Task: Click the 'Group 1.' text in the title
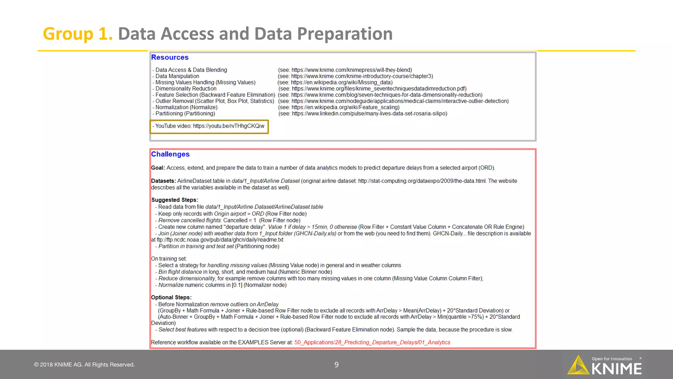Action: point(78,34)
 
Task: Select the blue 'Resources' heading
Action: point(170,57)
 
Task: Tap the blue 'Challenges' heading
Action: point(170,154)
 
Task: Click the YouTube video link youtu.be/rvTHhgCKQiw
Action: point(228,126)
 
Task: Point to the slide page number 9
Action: point(336,365)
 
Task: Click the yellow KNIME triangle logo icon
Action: point(578,365)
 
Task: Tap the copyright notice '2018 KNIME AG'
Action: point(84,365)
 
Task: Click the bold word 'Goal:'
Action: point(158,168)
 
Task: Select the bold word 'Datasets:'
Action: point(163,181)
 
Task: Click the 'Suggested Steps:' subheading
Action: point(174,200)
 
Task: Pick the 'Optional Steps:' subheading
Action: point(171,297)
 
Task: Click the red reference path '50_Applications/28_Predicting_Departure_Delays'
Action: point(372,342)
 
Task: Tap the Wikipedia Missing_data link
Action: point(341,82)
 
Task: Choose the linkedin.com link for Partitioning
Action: point(369,114)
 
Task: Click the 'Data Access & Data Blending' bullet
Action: point(191,70)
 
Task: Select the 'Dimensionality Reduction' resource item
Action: point(186,88)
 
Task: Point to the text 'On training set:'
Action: point(169,259)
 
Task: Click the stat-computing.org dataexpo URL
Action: point(422,181)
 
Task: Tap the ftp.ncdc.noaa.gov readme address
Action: point(220,240)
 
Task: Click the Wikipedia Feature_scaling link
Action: point(345,107)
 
